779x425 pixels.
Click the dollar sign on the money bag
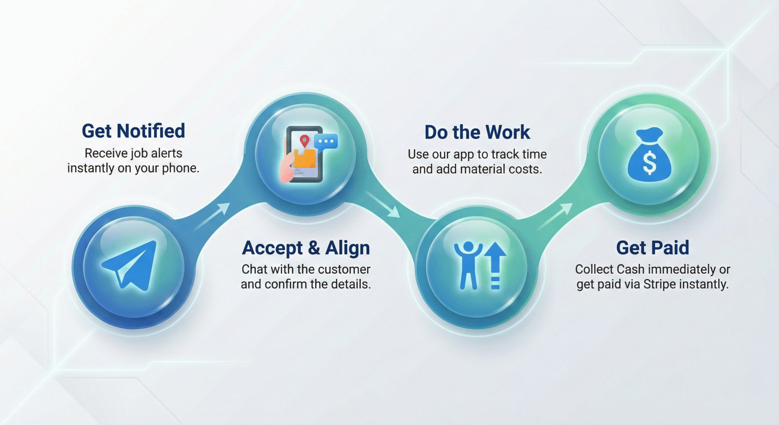pyautogui.click(x=649, y=163)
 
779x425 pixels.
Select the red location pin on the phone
pyautogui.click(x=304, y=141)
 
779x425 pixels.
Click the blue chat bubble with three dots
pyautogui.click(x=326, y=142)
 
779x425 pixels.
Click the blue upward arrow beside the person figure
pyautogui.click(x=495, y=265)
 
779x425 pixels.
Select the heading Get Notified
pyautogui.click(x=133, y=131)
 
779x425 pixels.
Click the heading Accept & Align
pyautogui.click(x=306, y=248)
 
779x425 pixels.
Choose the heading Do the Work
pyautogui.click(x=477, y=132)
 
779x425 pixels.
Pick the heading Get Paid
pyautogui.click(x=653, y=248)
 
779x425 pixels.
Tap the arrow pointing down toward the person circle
pyautogui.click(x=383, y=205)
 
